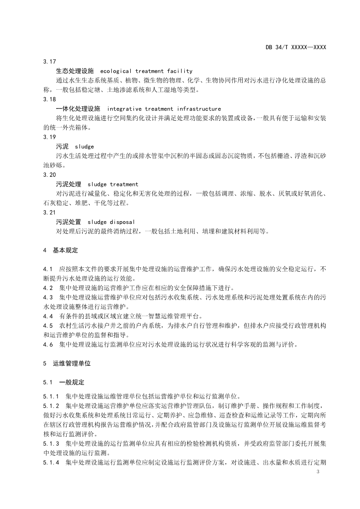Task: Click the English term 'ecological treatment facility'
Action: tap(146, 71)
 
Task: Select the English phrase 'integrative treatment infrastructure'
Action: tap(164, 109)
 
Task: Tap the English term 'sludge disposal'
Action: tap(111, 222)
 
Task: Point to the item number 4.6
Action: tap(48, 344)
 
